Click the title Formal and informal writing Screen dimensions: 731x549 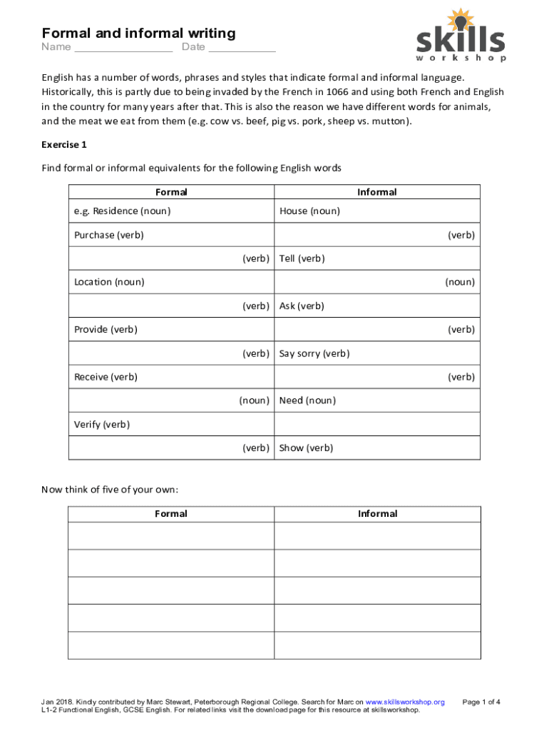coord(138,33)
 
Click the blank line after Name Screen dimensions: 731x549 coord(123,49)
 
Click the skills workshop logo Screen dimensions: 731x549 coord(461,36)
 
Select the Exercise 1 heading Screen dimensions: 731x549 coord(64,144)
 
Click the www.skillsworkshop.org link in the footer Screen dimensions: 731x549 coord(404,702)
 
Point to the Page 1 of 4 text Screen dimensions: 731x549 coord(481,702)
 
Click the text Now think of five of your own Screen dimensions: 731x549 coord(110,490)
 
